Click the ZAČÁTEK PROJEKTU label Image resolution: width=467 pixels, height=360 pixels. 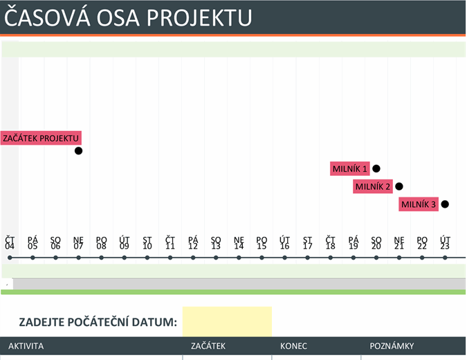pyautogui.click(x=41, y=138)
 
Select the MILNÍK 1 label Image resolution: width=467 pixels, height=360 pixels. pyautogui.click(x=349, y=168)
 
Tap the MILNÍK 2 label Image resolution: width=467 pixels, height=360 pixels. pyautogui.click(x=372, y=186)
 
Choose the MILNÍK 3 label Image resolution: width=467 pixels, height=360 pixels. pyautogui.click(x=418, y=204)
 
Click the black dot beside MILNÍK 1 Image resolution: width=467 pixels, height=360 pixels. pyautogui.click(x=376, y=168)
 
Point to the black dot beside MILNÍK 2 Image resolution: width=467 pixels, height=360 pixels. pyautogui.click(x=399, y=186)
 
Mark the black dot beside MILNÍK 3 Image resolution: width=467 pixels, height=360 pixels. pyautogui.click(x=445, y=204)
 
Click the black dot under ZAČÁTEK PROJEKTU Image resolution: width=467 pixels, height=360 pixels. pyautogui.click(x=78, y=151)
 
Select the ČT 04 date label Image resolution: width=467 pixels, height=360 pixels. pyautogui.click(x=10, y=242)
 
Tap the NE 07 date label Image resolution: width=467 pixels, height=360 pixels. pyautogui.click(x=78, y=242)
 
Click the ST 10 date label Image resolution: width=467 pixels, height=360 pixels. pyautogui.click(x=147, y=242)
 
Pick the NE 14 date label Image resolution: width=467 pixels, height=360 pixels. pyautogui.click(x=239, y=242)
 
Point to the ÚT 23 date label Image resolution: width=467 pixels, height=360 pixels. pyautogui.click(x=445, y=242)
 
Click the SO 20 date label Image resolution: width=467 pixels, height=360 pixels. pyautogui.click(x=376, y=242)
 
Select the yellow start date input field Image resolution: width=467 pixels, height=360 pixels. pyautogui.click(x=227, y=321)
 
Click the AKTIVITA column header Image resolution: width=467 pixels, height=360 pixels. pyautogui.click(x=26, y=346)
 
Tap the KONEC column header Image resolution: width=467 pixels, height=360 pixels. pyautogui.click(x=294, y=346)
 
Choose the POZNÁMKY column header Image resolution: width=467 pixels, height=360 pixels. pyautogui.click(x=392, y=346)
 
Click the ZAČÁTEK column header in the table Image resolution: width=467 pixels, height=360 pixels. pyautogui.click(x=208, y=346)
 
